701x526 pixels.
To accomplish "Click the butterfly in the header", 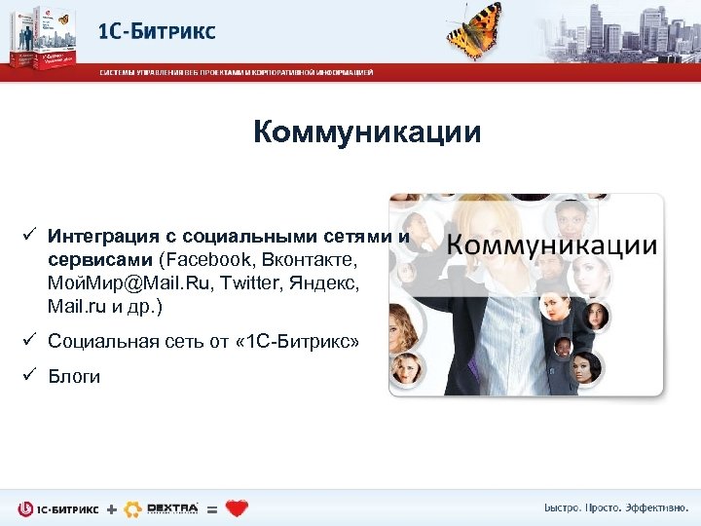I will (x=477, y=29).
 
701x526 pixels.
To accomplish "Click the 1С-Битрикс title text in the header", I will (x=157, y=30).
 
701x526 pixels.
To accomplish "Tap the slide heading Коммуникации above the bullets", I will (x=367, y=131).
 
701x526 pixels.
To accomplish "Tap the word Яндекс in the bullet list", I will (x=330, y=283).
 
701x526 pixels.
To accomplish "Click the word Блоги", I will (x=74, y=377).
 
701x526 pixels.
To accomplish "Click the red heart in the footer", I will (x=237, y=507).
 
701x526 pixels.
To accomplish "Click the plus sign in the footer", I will (x=111, y=508).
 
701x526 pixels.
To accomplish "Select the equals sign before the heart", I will (x=212, y=508).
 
